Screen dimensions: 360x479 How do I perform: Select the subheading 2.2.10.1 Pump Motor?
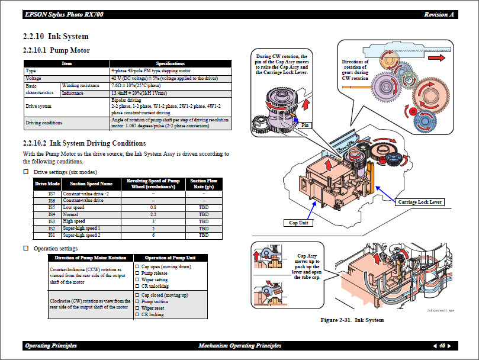[x=56, y=50]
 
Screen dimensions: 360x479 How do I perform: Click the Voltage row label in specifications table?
[x=34, y=78]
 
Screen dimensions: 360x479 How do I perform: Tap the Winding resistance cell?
[x=81, y=86]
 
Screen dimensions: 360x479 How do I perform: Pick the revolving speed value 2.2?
[x=153, y=214]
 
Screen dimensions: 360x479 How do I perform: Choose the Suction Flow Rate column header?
[x=203, y=184]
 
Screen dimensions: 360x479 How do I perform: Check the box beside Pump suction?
[x=137, y=302]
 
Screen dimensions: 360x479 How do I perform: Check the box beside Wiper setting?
[x=137, y=279]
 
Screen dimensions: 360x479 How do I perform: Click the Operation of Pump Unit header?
[x=171, y=258]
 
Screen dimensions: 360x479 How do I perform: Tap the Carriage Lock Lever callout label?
[x=419, y=202]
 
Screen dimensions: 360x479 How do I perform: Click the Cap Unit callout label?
[x=298, y=223]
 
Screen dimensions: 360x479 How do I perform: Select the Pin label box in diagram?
[x=306, y=125]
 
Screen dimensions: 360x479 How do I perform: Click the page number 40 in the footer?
[x=442, y=346]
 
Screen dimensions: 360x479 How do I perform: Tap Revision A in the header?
[x=439, y=14]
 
